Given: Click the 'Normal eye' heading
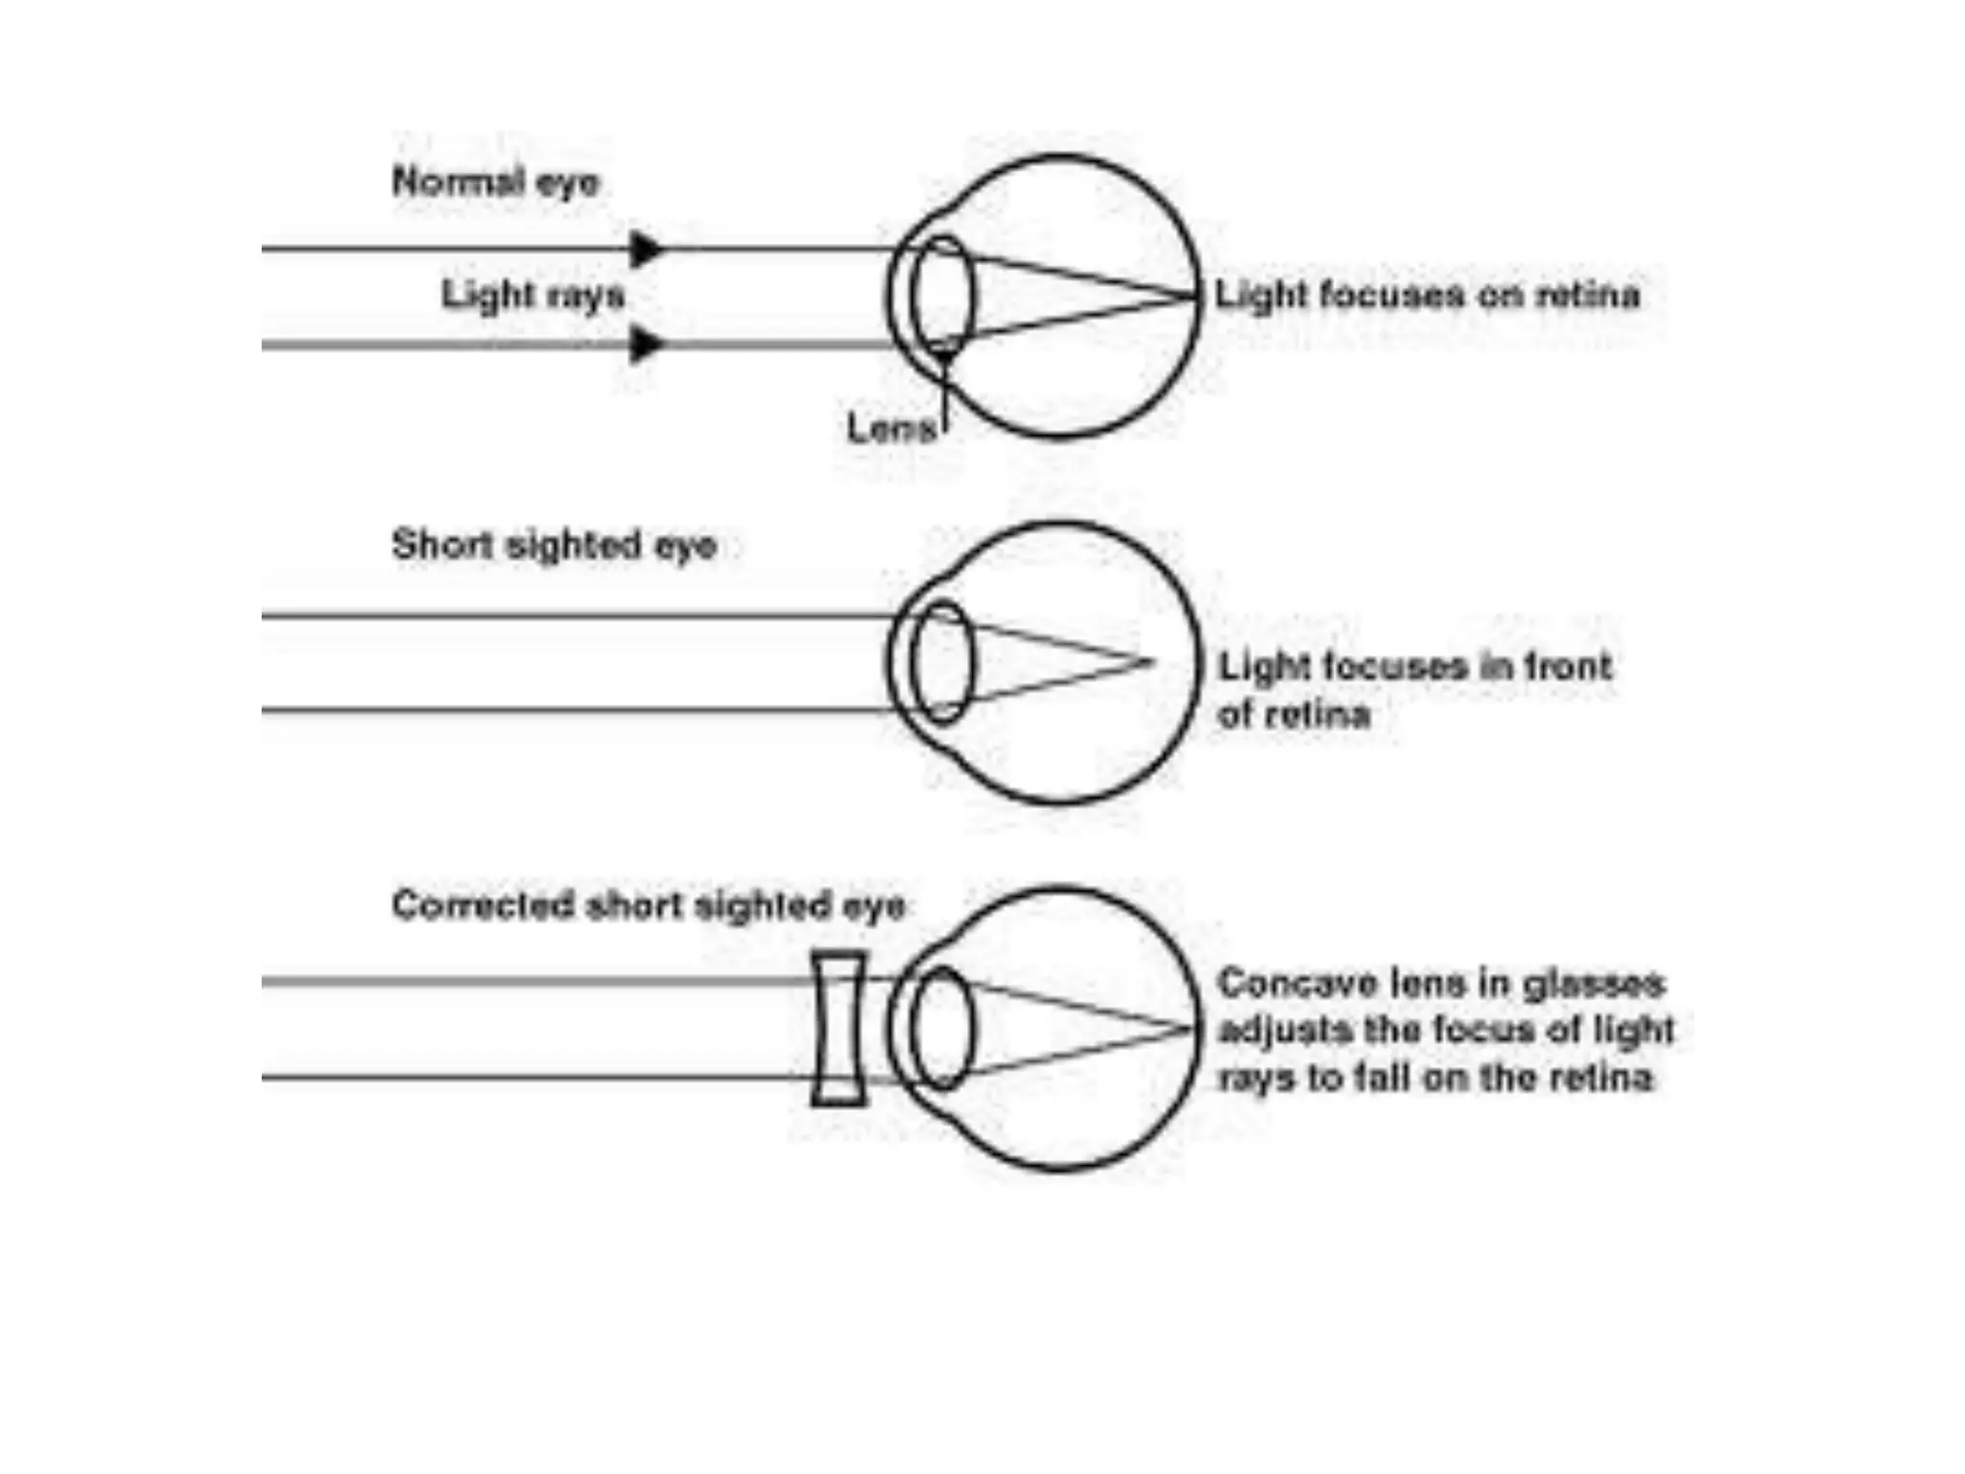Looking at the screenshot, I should (x=495, y=181).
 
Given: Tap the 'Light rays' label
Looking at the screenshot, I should (x=533, y=294).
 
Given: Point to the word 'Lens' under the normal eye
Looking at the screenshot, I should (x=891, y=428).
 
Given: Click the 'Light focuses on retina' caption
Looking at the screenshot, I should (x=1427, y=295).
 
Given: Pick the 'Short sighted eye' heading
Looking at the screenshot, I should (x=554, y=545).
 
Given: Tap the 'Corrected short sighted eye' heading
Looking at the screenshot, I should (x=648, y=905).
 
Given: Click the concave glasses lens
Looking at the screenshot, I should (x=839, y=1029).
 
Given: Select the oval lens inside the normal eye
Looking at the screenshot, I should (x=942, y=296).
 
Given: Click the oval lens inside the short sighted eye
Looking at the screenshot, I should (x=942, y=662).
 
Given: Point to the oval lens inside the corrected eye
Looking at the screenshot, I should (x=942, y=1029).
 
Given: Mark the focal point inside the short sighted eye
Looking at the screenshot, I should (x=1149, y=661).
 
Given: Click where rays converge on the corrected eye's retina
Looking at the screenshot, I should (x=1192, y=1029).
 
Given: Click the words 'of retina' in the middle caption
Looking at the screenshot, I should (x=1293, y=714).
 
